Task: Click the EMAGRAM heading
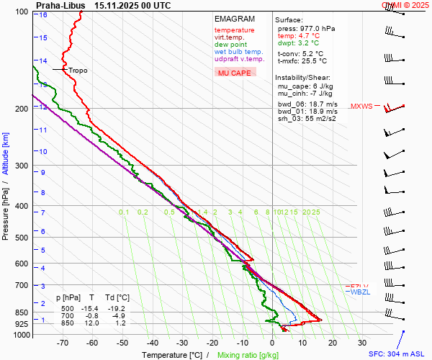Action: click(235, 19)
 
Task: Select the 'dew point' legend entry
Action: click(230, 45)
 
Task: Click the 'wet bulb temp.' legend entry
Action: click(239, 52)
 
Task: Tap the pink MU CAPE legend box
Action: click(235, 73)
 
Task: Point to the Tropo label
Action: click(78, 71)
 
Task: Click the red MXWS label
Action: click(361, 107)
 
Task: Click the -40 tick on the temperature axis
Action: click(152, 343)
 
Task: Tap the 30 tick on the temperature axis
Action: click(362, 343)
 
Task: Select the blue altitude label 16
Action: click(44, 14)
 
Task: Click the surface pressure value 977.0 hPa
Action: click(316, 28)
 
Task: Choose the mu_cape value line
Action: click(305, 86)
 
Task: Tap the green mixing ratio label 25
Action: click(316, 212)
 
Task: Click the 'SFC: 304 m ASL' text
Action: click(397, 354)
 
